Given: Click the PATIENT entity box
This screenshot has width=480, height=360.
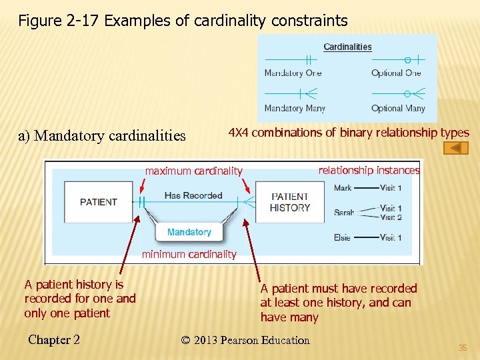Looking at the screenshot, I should pyautogui.click(x=99, y=202).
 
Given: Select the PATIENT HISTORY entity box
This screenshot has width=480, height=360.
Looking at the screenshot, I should pyautogui.click(x=290, y=202).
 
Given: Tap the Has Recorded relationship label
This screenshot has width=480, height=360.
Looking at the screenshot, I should pyautogui.click(x=193, y=195).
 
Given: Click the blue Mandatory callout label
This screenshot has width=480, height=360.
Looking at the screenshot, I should pyautogui.click(x=189, y=232).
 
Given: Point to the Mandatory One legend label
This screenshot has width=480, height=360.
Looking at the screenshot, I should pyautogui.click(x=293, y=73).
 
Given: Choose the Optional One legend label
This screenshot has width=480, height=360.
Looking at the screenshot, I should pyautogui.click(x=396, y=73).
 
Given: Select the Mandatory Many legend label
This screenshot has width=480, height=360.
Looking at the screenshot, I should pyautogui.click(x=293, y=108).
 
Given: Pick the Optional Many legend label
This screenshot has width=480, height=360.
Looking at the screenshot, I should pyautogui.click(x=398, y=108).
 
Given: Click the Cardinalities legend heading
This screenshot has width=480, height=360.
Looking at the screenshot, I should pyautogui.click(x=347, y=47).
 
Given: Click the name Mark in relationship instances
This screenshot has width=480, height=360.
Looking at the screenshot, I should pyautogui.click(x=343, y=188).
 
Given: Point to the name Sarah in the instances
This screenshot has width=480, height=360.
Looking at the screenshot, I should pyautogui.click(x=344, y=213).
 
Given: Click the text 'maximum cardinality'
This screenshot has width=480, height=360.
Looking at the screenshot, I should pyautogui.click(x=194, y=171).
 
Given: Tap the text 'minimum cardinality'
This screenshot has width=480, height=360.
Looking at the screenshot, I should pyautogui.click(x=189, y=254).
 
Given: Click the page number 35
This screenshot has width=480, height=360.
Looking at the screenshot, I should pyautogui.click(x=463, y=347).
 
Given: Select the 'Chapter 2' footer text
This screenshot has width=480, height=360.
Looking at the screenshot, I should pyautogui.click(x=54, y=340).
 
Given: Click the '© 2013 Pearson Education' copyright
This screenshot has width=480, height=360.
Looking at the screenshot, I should pyautogui.click(x=245, y=340).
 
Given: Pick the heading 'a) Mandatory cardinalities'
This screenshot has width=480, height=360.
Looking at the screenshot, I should pyautogui.click(x=102, y=136).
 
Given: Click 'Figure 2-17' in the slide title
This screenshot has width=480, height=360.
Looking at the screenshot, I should pyautogui.click(x=59, y=21).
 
